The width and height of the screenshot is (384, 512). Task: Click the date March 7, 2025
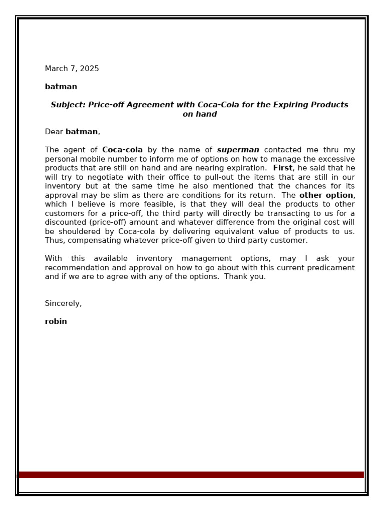[72, 69]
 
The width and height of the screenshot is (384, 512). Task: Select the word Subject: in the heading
[68, 105]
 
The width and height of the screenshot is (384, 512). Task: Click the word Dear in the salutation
[54, 132]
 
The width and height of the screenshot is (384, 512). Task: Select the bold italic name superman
[238, 150]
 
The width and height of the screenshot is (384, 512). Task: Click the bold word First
[282, 168]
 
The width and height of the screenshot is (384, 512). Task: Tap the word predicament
[329, 268]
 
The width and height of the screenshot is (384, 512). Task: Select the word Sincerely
[63, 304]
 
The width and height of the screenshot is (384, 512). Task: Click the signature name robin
[56, 322]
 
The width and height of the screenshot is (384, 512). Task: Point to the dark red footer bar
[191, 475]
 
